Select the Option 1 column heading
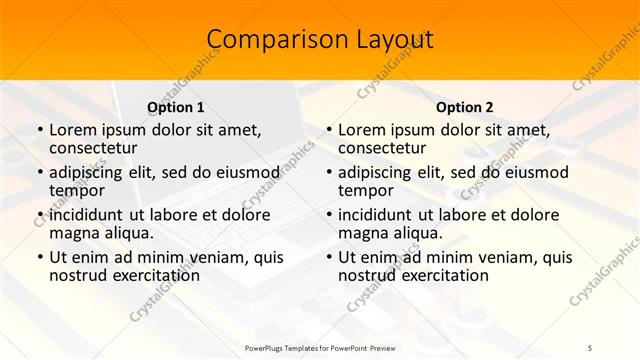(176, 107)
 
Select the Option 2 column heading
(465, 107)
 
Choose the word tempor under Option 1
(77, 190)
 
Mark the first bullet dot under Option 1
(39, 131)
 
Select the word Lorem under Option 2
(362, 130)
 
